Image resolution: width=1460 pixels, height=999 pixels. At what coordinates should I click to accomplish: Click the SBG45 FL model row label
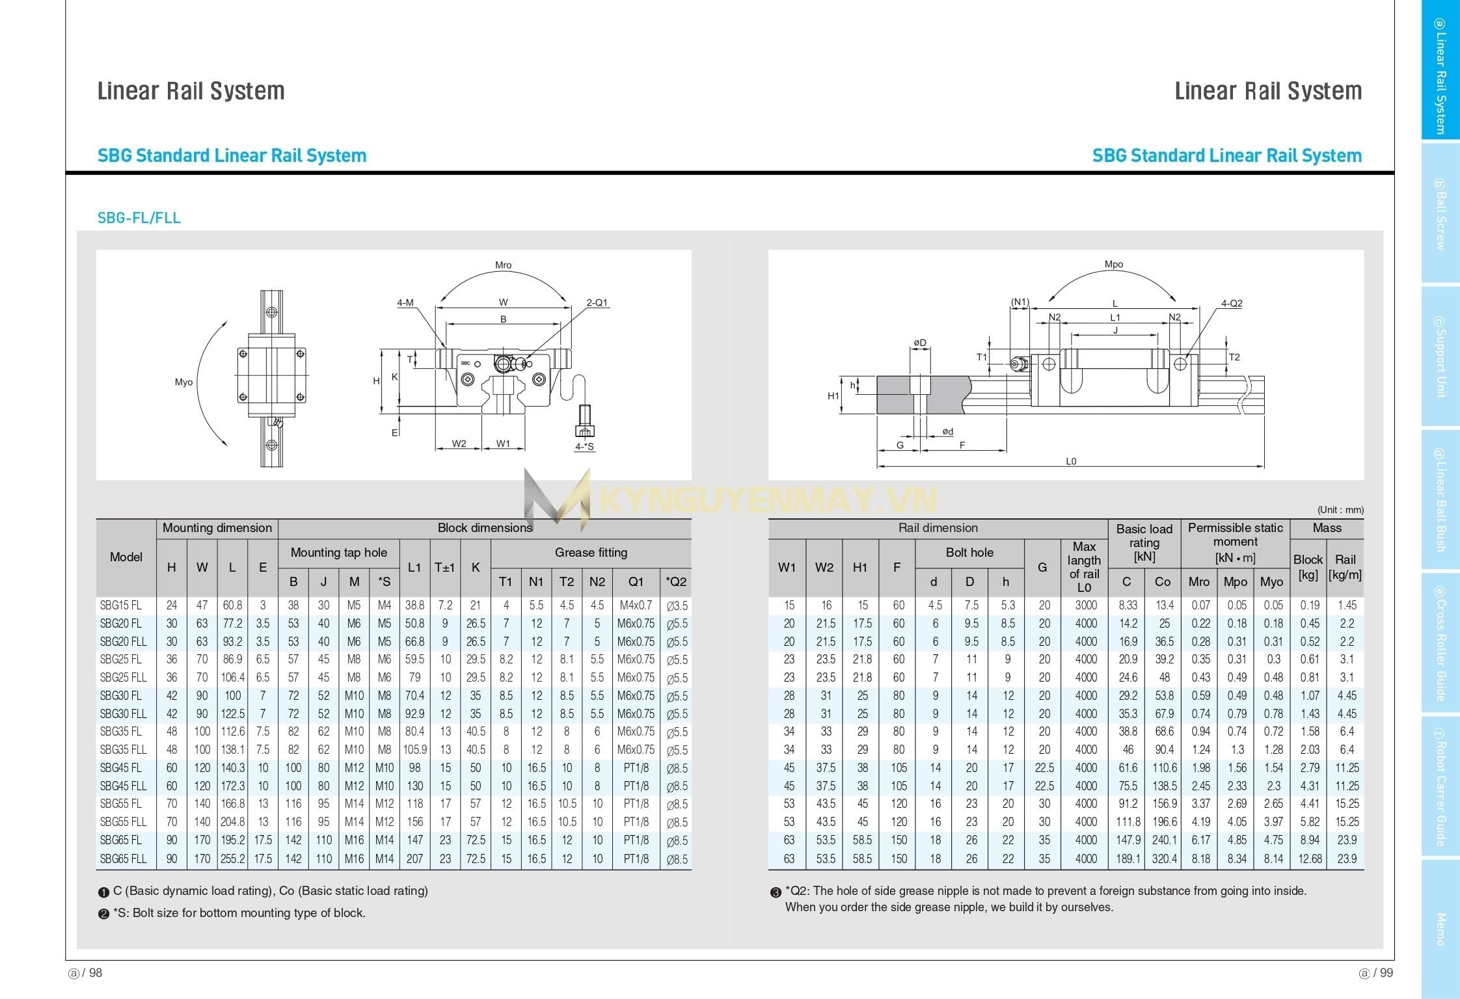pyautogui.click(x=121, y=768)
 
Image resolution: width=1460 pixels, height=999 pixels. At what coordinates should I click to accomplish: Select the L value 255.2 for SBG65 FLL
pyautogui.click(x=232, y=859)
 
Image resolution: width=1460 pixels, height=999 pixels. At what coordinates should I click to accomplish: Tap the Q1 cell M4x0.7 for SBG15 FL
pyautogui.click(x=636, y=606)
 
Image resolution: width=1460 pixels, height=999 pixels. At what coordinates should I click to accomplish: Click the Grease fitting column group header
pyautogui.click(x=591, y=553)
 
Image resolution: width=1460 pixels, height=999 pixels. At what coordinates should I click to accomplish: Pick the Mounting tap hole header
pyautogui.click(x=338, y=553)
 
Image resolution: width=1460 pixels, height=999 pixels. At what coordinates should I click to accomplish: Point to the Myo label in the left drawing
pyautogui.click(x=183, y=382)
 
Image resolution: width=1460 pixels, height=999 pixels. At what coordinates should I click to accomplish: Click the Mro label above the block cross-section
pyautogui.click(x=503, y=265)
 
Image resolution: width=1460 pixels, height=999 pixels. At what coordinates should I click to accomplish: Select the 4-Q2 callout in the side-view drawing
pyautogui.click(x=1231, y=304)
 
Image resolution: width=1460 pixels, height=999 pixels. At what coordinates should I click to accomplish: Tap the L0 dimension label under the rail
pyautogui.click(x=1071, y=461)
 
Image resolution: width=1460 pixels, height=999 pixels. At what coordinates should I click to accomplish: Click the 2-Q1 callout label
pyautogui.click(x=597, y=302)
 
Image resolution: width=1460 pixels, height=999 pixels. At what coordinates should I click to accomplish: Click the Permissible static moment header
pyautogui.click(x=1235, y=542)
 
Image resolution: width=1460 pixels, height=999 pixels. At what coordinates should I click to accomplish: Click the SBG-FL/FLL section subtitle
pyautogui.click(x=139, y=218)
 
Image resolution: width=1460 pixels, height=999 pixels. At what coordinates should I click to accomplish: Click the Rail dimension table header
pyautogui.click(x=938, y=528)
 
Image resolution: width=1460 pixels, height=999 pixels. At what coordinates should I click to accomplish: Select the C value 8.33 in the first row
pyautogui.click(x=1128, y=606)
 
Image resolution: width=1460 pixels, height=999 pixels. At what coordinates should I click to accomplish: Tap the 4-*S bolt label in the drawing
pyautogui.click(x=584, y=446)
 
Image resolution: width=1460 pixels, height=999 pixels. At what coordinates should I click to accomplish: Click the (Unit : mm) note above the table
pyautogui.click(x=1340, y=510)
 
